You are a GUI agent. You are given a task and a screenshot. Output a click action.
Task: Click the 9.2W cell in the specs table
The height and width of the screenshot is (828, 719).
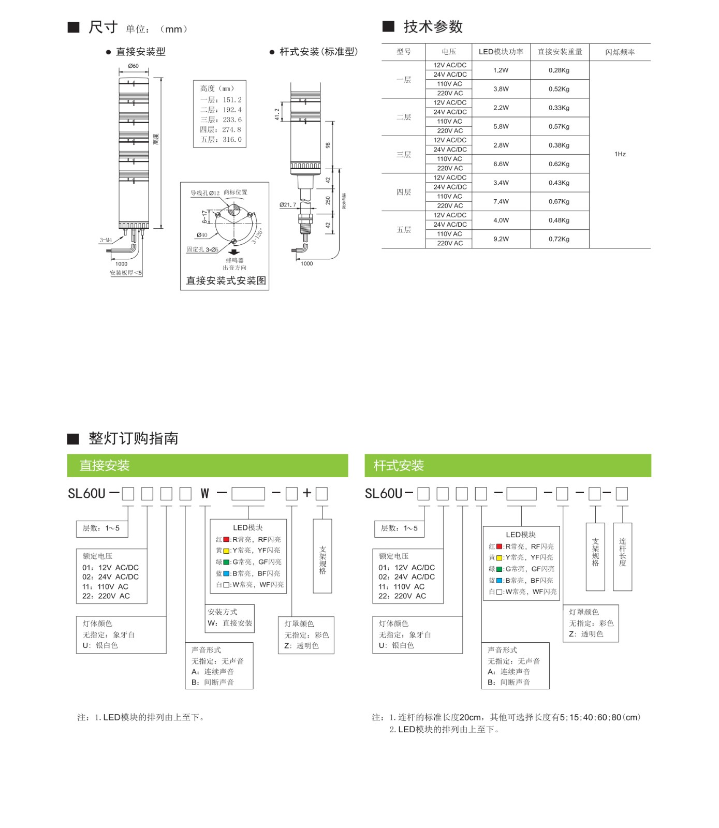(501, 239)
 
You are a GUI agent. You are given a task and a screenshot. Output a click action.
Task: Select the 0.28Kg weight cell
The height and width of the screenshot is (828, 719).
(559, 70)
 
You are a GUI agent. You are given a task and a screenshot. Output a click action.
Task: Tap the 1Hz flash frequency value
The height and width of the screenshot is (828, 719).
(620, 154)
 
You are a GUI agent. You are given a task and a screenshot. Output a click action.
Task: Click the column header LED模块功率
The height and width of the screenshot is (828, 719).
(501, 52)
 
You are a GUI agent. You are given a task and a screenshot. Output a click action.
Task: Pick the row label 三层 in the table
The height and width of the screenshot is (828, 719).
(404, 155)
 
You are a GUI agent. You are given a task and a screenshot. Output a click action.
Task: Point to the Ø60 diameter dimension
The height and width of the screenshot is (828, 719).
(133, 66)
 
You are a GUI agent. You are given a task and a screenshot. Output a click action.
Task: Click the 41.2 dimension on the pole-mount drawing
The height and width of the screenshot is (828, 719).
(277, 114)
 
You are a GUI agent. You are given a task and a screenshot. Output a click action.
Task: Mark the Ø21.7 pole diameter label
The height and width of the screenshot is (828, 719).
(288, 205)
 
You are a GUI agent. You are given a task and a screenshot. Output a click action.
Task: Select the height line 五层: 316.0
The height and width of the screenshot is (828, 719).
(221, 140)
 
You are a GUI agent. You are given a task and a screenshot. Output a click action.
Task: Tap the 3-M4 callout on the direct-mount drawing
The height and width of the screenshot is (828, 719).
(106, 240)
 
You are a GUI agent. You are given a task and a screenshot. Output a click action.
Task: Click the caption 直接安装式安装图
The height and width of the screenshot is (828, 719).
(226, 280)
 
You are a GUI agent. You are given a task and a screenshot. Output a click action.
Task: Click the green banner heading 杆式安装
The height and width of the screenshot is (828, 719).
(399, 466)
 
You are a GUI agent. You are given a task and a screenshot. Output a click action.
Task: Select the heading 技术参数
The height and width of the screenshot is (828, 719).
(433, 27)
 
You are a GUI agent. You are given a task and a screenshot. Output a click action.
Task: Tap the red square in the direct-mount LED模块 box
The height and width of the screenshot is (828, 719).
(226, 539)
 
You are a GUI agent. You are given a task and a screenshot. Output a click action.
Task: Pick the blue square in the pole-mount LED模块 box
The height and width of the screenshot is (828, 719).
(499, 581)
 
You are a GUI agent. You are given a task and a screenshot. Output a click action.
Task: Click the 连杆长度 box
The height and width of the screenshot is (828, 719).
(622, 557)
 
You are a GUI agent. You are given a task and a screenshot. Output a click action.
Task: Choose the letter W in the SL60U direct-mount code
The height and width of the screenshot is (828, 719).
(205, 494)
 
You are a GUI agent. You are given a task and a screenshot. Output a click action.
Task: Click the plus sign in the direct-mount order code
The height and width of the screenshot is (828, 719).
(307, 493)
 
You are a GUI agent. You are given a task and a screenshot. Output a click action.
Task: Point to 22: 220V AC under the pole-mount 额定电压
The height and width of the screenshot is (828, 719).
(402, 596)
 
